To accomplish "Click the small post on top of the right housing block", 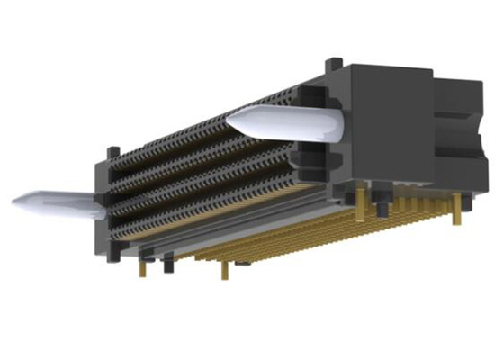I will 335,63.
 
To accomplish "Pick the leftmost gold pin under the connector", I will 143,268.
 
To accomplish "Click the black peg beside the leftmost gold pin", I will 167,264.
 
